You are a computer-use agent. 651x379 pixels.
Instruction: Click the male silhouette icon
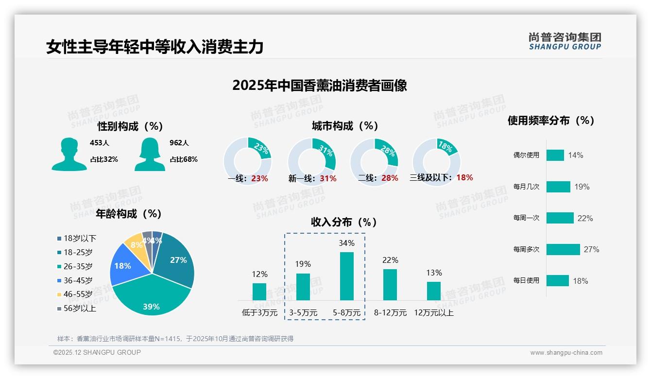[69, 154]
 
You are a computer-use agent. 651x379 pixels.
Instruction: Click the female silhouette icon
[150, 154]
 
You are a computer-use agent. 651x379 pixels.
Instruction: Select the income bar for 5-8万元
[346, 276]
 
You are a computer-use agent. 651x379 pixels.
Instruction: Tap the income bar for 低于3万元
[259, 292]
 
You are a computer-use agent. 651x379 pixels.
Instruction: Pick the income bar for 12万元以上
[434, 291]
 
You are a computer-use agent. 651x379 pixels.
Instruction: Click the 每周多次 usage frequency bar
[563, 249]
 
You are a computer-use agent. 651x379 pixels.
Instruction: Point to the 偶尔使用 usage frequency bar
[555, 155]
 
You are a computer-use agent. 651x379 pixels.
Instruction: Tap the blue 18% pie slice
[122, 266]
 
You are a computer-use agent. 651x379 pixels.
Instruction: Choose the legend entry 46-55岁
[75, 294]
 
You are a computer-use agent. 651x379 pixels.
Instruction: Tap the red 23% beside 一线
[259, 178]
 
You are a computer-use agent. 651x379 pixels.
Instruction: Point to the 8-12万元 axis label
[390, 312]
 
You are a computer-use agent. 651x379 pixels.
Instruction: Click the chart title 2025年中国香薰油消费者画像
[319, 86]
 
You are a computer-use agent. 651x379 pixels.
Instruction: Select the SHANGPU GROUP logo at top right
[565, 41]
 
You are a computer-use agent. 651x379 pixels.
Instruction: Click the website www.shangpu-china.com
[566, 352]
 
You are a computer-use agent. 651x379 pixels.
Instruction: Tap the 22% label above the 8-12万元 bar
[390, 260]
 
